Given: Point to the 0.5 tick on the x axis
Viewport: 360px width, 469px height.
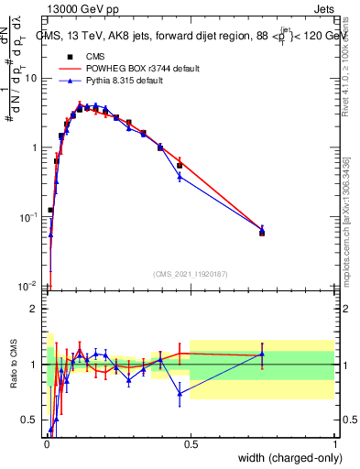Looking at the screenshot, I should (191, 443).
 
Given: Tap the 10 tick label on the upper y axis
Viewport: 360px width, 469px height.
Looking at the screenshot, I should (30, 78).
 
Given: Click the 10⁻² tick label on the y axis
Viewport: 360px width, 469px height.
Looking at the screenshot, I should (27, 286).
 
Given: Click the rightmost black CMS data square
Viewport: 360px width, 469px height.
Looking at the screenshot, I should (262, 234).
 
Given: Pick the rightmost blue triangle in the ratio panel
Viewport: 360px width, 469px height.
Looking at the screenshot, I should (262, 354).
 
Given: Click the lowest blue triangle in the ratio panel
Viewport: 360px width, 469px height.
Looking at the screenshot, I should (50, 429).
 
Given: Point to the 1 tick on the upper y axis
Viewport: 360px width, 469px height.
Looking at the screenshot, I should (35, 147).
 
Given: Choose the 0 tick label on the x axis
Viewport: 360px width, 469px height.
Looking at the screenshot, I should (46, 443).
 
